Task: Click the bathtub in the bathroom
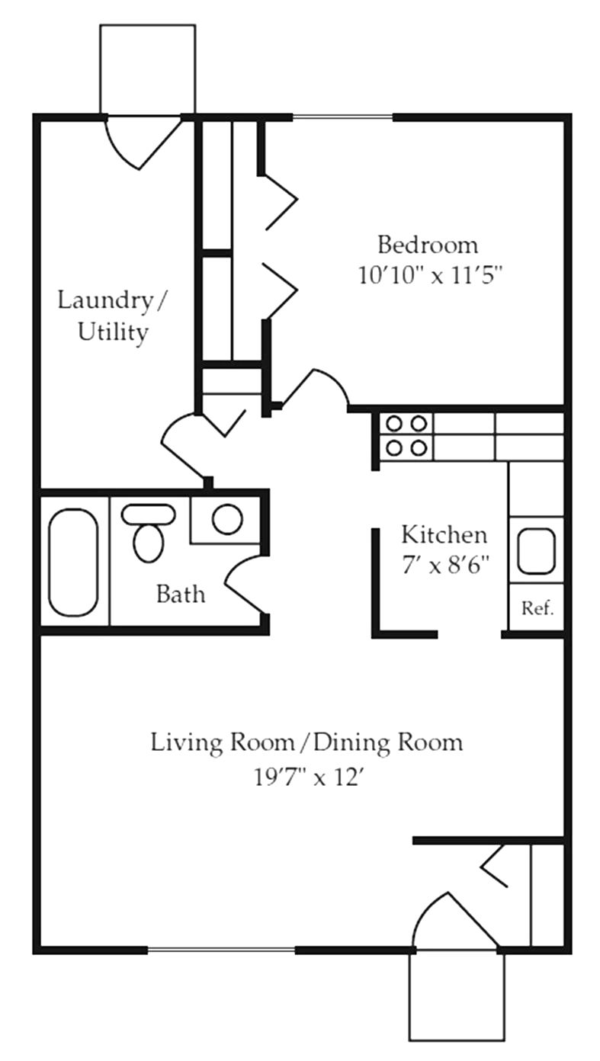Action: coord(73,562)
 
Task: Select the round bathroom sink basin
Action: coord(227,519)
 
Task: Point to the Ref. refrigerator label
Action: coord(537,609)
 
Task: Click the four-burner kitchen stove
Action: coord(406,435)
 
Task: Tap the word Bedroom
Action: coord(428,245)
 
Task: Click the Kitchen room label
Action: coord(444,534)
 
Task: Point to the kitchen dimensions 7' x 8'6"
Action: coord(444,565)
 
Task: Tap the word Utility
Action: coord(113,332)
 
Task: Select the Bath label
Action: coord(181,594)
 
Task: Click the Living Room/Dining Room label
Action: coord(306,742)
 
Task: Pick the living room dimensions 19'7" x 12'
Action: coord(306,777)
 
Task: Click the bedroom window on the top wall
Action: coord(342,117)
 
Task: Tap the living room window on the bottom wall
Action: coord(221,950)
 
